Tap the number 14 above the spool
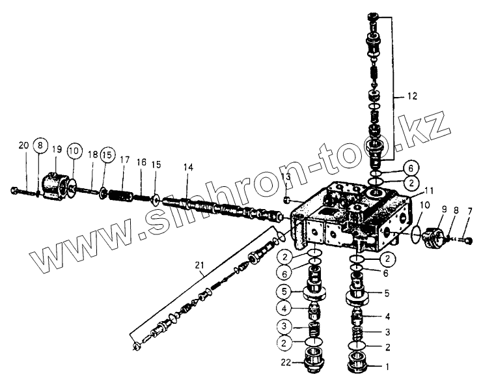coord(187,167)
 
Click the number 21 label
coord(199,264)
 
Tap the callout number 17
coord(124,159)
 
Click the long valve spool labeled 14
coord(215,209)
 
